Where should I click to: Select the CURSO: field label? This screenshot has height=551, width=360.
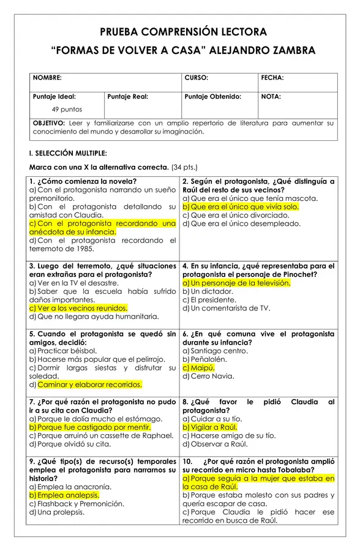click(196, 78)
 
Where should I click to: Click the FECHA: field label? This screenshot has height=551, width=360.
click(272, 78)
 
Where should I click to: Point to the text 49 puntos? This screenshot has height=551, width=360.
click(67, 110)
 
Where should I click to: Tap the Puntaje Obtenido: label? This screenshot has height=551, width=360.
click(212, 97)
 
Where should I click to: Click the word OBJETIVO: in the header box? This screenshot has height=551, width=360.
click(49, 123)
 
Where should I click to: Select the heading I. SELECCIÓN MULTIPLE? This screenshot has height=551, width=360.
click(67, 154)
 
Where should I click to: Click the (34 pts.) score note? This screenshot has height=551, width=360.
click(184, 167)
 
